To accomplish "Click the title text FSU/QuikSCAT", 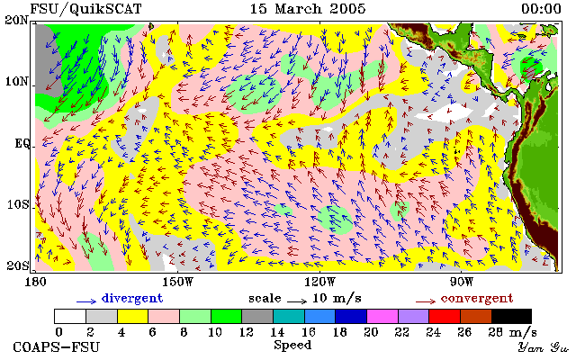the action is (x=85, y=9).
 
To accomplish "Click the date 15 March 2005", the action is (x=308, y=9).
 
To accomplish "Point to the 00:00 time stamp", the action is (x=541, y=9).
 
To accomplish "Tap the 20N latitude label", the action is (x=17, y=20).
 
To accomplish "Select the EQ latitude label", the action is (x=22, y=144).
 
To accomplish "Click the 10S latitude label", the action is (x=18, y=204).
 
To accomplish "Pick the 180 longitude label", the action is (x=35, y=282).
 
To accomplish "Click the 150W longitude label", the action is (x=178, y=282).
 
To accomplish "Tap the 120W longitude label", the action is (x=319, y=282).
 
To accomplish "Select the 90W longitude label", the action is (x=462, y=282).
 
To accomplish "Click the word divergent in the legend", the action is (x=132, y=299).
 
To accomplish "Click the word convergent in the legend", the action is (x=477, y=299).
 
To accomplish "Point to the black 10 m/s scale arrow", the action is (x=297, y=301).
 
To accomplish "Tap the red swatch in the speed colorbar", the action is (x=445, y=316).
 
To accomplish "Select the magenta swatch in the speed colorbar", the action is (x=382, y=316).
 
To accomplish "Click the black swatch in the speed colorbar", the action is (x=511, y=316).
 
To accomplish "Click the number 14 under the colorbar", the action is (x=277, y=332).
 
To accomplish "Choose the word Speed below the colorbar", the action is (x=292, y=346).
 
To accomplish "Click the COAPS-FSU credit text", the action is (x=57, y=347).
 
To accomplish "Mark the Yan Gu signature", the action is (x=544, y=347).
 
